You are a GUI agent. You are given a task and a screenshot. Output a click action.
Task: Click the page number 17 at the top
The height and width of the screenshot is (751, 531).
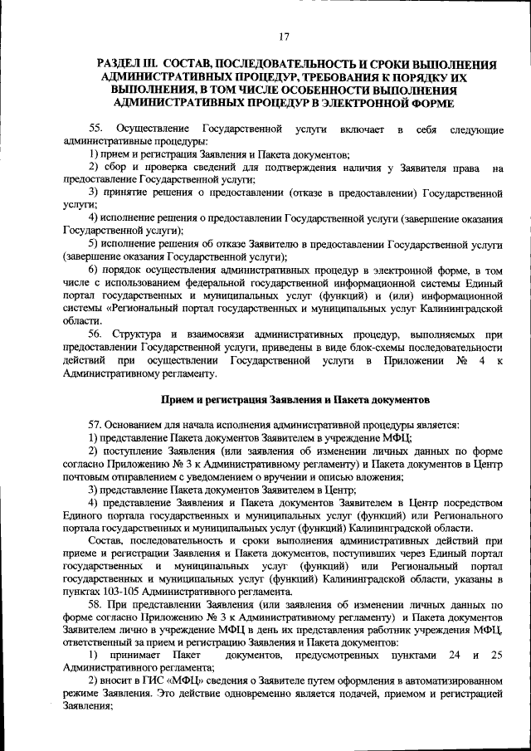coord(284,36)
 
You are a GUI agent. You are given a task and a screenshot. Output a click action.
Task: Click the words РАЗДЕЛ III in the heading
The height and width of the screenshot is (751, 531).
coord(129,64)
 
